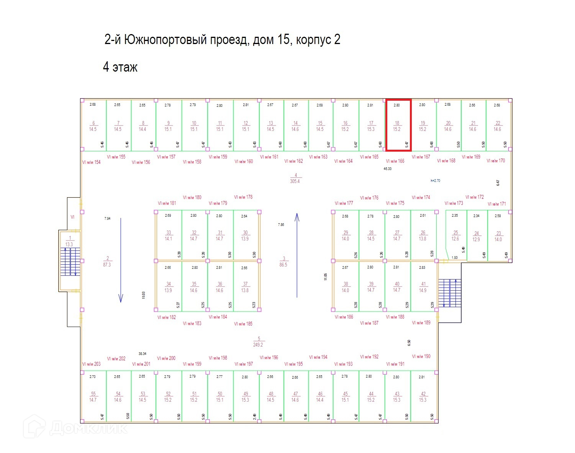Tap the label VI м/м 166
pyautogui.click(x=395, y=161)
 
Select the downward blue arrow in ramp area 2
pyautogui.click(x=121, y=260)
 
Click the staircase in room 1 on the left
pyautogui.click(x=70, y=262)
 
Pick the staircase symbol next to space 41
pyautogui.click(x=450, y=293)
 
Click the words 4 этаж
pyautogui.click(x=120, y=67)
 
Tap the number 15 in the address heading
pyautogui.click(x=282, y=39)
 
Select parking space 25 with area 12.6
pyautogui.click(x=455, y=235)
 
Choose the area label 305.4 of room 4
pyautogui.click(x=295, y=181)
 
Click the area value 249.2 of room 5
pyautogui.click(x=258, y=345)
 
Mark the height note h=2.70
pyautogui.click(x=435, y=180)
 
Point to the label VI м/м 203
pyautogui.click(x=91, y=364)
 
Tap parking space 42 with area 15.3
pyautogui.click(x=423, y=397)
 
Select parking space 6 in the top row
pyautogui.click(x=93, y=126)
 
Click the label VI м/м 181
pyautogui.click(x=167, y=203)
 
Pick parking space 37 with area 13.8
pyautogui.click(x=245, y=287)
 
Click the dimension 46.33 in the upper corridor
pyautogui.click(x=388, y=168)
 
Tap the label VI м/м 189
pyautogui.click(x=421, y=323)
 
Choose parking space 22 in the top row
pyautogui.click(x=498, y=126)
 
